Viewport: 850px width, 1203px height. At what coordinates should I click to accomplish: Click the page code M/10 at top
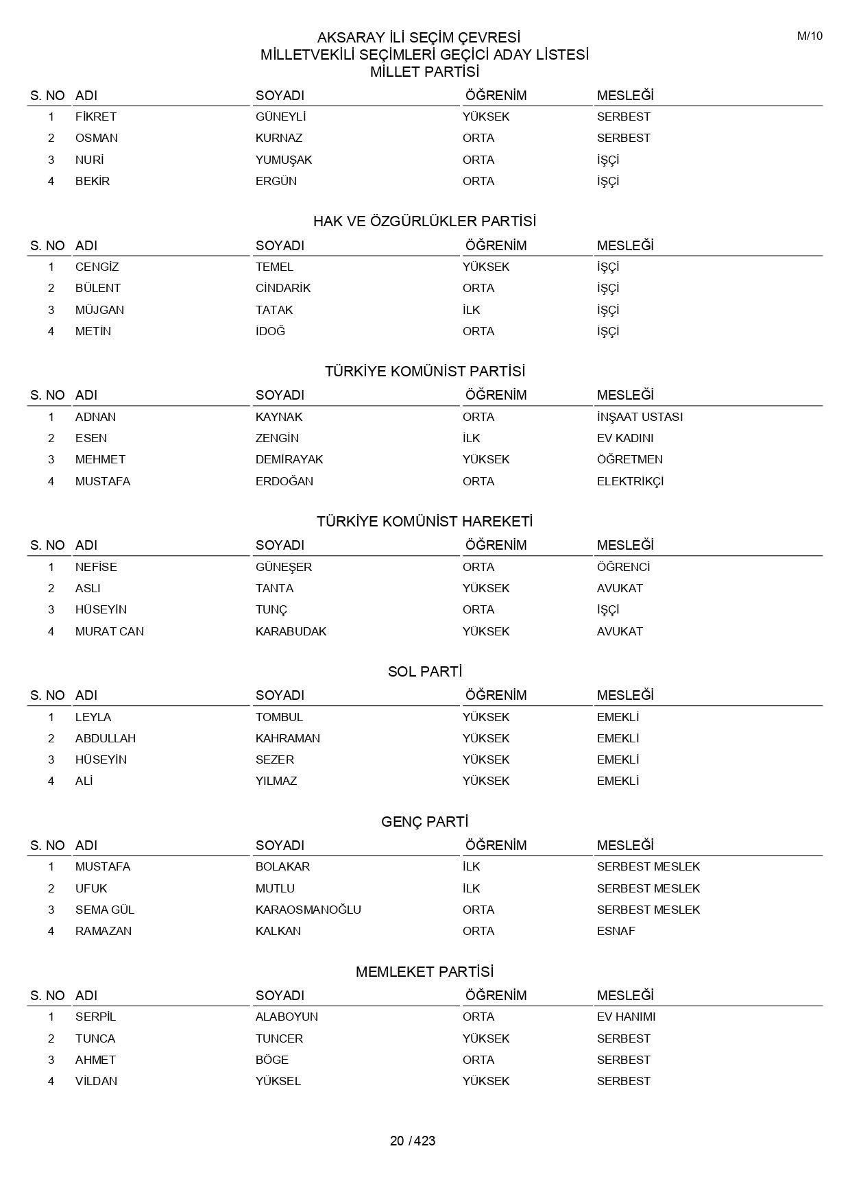pyautogui.click(x=809, y=36)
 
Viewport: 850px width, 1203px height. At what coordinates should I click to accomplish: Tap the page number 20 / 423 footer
pyautogui.click(x=413, y=1141)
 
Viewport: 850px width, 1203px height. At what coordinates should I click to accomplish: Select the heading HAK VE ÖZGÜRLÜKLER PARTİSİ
pyautogui.click(x=424, y=221)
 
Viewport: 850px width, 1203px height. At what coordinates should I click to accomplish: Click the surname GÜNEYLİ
pyautogui.click(x=280, y=117)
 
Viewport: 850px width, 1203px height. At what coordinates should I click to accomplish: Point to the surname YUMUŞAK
pyautogui.click(x=284, y=160)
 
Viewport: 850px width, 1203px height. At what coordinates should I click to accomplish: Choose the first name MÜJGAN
pyautogui.click(x=99, y=310)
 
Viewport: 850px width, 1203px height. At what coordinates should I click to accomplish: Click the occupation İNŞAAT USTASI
pyautogui.click(x=640, y=417)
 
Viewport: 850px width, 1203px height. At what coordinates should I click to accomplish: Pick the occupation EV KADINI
pyautogui.click(x=624, y=438)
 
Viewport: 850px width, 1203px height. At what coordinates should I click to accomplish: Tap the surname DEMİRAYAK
pyautogui.click(x=289, y=459)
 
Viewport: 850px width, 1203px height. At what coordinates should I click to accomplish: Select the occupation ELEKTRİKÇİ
pyautogui.click(x=630, y=481)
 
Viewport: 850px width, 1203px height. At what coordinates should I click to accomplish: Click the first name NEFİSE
pyautogui.click(x=96, y=567)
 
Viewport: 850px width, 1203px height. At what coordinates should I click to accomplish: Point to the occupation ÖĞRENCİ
pyautogui.click(x=623, y=567)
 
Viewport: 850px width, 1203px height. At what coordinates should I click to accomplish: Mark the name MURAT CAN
pyautogui.click(x=110, y=631)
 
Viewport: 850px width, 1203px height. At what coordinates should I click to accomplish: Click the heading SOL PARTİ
pyautogui.click(x=424, y=672)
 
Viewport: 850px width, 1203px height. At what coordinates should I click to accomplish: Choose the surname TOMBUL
pyautogui.click(x=279, y=717)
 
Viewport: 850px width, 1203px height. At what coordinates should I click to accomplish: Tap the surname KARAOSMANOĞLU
pyautogui.click(x=308, y=910)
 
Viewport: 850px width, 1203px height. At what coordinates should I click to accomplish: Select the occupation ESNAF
pyautogui.click(x=616, y=931)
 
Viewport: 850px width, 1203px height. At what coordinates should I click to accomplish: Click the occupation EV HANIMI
pyautogui.click(x=626, y=1017)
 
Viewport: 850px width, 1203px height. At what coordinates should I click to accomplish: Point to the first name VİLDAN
pyautogui.click(x=96, y=1081)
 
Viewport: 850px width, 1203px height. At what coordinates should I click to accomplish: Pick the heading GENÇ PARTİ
pyautogui.click(x=424, y=822)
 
